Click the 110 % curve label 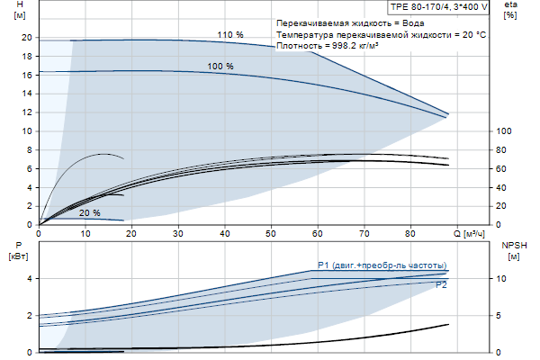[x=230, y=35]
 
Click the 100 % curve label [x=220, y=67]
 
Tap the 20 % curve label [x=90, y=213]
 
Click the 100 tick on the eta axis [x=505, y=131]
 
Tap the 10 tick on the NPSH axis [x=505, y=279]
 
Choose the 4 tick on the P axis [x=30, y=279]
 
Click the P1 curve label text [x=382, y=265]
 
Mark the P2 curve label [x=441, y=285]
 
